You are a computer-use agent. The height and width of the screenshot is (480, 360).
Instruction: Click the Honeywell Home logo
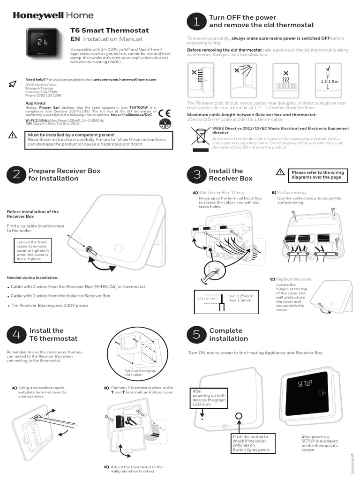point(53,15)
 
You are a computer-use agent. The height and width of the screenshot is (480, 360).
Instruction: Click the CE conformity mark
point(165,112)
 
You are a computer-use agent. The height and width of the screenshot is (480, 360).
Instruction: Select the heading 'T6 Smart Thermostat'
point(109,30)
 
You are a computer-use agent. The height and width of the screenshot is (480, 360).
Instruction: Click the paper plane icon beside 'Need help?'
point(13,84)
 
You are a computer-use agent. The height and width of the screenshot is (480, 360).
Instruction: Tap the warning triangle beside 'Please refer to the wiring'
point(280,172)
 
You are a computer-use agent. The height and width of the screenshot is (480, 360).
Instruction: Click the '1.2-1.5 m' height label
point(329,82)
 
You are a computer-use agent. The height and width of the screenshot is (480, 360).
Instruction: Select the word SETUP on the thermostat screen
point(305,384)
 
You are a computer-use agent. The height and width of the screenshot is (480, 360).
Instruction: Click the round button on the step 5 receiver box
point(238,416)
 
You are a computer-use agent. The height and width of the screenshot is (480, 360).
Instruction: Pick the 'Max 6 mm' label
point(207,299)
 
